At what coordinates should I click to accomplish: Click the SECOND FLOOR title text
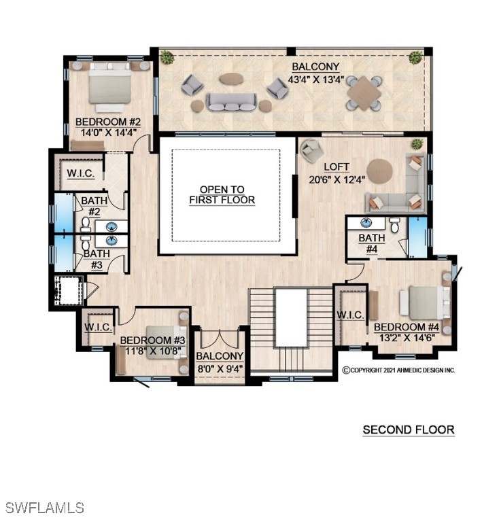click(409, 430)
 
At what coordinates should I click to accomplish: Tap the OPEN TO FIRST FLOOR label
click(222, 195)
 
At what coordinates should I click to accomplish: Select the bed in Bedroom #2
click(109, 87)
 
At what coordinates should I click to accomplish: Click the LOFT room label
click(337, 167)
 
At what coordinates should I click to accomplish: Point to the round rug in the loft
click(379, 171)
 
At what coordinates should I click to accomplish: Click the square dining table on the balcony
click(364, 93)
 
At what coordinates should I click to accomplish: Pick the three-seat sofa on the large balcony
click(232, 102)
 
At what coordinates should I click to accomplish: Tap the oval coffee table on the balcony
click(231, 79)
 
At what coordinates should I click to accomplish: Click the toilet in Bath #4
click(394, 225)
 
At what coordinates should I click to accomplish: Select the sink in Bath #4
click(366, 223)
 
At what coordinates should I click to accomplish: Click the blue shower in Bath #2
click(64, 212)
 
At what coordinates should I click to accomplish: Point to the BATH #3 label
click(97, 260)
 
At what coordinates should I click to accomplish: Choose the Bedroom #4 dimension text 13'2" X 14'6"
click(407, 338)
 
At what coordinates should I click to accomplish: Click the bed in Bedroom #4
click(425, 303)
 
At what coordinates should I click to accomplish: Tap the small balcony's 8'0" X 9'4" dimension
click(220, 369)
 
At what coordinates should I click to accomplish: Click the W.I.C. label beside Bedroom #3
click(98, 327)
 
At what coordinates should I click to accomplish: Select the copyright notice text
click(398, 370)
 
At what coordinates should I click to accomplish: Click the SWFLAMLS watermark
click(45, 508)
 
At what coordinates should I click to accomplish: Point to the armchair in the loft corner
click(311, 150)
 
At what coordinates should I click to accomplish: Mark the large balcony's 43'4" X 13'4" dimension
click(315, 80)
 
